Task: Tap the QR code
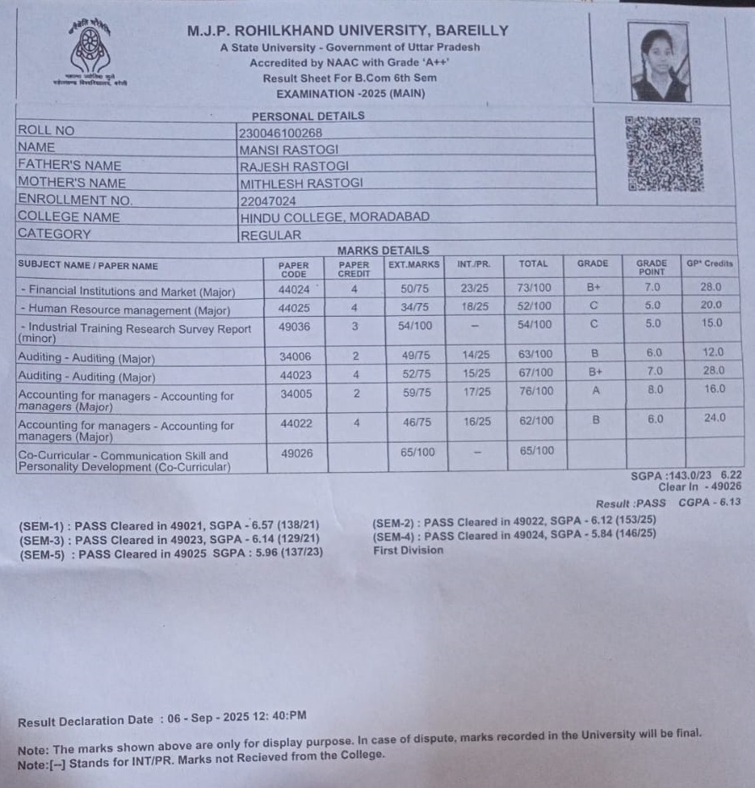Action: [x=662, y=153]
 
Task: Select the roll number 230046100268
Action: [x=280, y=133]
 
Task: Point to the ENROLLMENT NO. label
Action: [x=74, y=200]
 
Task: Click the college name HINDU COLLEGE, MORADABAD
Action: [x=334, y=217]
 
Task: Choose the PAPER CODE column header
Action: [x=293, y=269]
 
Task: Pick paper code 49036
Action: [x=294, y=325]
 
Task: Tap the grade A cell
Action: [x=595, y=391]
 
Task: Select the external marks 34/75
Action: [x=415, y=307]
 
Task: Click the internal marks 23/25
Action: [x=474, y=288]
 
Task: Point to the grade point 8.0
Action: [x=655, y=390]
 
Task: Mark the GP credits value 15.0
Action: [x=712, y=323]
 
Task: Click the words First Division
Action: [x=408, y=551]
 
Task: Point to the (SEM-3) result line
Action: [x=169, y=539]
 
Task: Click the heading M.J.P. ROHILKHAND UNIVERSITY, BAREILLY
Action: [x=347, y=31]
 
